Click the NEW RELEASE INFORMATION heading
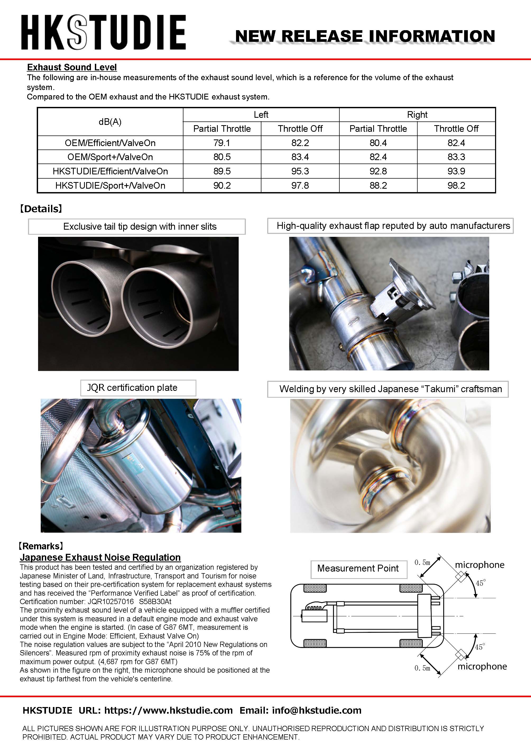(364, 36)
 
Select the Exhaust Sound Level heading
(72, 67)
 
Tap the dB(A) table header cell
(110, 122)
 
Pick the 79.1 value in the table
(222, 143)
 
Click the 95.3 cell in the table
(300, 171)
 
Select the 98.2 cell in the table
(456, 185)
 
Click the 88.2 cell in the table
(378, 185)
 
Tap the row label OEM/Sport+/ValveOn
(110, 157)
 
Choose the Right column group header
(417, 115)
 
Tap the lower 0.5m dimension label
(422, 668)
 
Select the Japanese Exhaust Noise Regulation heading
(100, 557)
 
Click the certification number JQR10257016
(111, 601)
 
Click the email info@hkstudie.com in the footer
(316, 710)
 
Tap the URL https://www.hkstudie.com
(168, 710)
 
